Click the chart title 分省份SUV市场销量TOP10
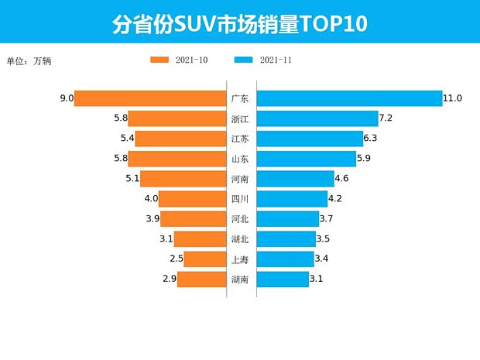(239, 23)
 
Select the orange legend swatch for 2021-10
(160, 60)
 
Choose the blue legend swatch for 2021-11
(243, 60)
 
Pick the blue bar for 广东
(348, 98)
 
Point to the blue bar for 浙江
(317, 118)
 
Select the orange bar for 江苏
(180, 139)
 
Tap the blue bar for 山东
(306, 159)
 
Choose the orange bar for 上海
(204, 259)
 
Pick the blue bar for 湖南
(282, 279)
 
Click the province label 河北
(240, 219)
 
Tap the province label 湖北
(240, 239)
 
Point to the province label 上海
(240, 259)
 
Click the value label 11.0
(452, 98)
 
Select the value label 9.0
(66, 98)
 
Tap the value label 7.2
(387, 118)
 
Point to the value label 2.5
(176, 259)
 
